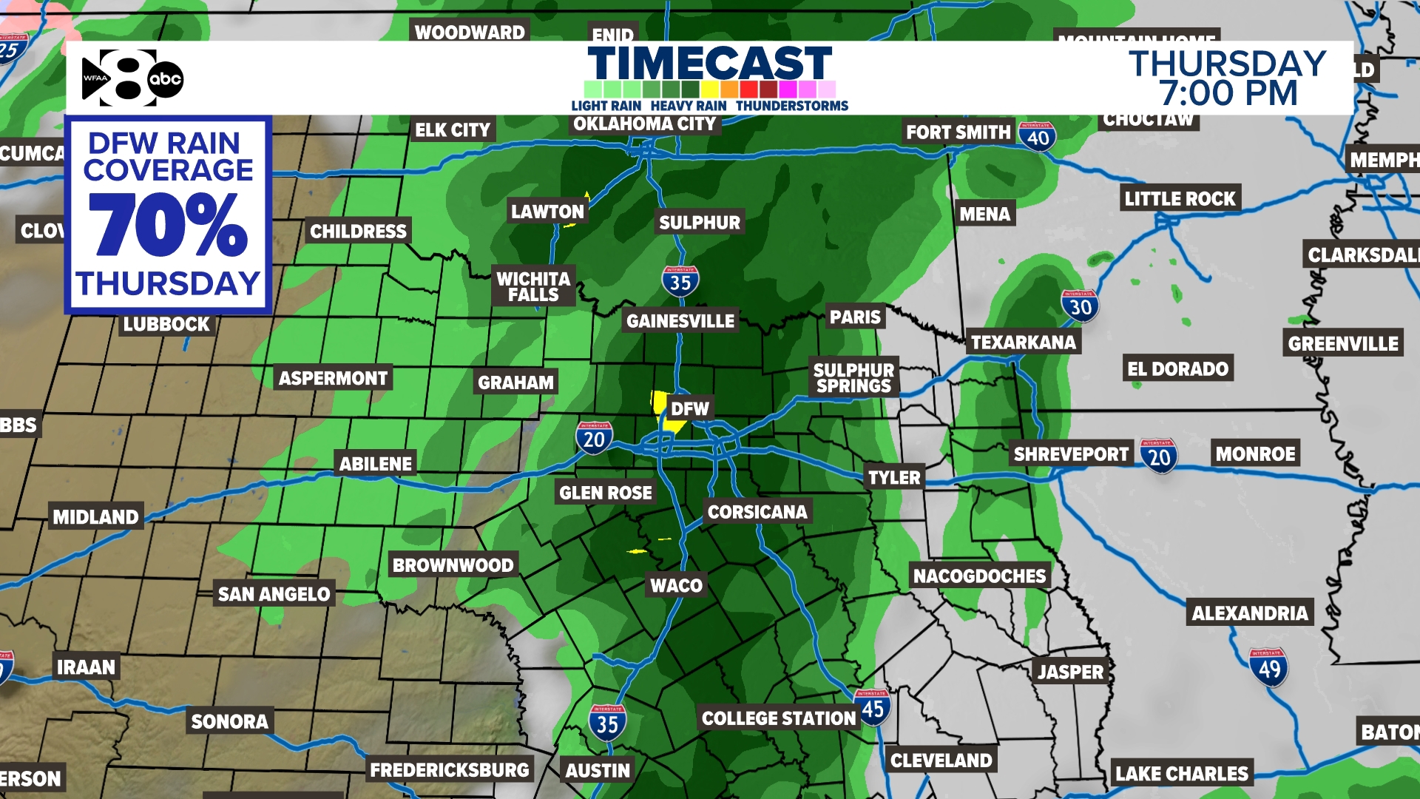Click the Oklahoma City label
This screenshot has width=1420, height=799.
point(644,124)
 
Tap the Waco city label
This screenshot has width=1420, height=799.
point(676,585)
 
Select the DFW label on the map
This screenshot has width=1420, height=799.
point(689,408)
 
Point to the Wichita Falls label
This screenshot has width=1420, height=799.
point(533,286)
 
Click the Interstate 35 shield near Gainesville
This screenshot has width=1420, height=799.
point(680,281)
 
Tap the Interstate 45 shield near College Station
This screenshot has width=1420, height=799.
point(873,707)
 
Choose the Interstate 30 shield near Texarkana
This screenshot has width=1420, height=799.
point(1080,306)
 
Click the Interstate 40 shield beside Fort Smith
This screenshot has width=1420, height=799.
point(1037,137)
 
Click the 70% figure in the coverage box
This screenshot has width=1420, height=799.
point(168,225)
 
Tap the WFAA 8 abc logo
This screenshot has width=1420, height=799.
point(132,78)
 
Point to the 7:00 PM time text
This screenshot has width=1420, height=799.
point(1228,94)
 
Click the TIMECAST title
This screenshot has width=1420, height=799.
point(710,64)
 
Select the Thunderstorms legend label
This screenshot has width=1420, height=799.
point(791,106)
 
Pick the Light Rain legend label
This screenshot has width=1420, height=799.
point(606,106)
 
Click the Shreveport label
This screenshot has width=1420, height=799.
point(1071,454)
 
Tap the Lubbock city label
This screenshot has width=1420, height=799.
point(166,324)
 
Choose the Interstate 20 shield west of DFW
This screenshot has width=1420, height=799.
point(594,439)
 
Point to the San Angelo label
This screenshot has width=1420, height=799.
point(274,593)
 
